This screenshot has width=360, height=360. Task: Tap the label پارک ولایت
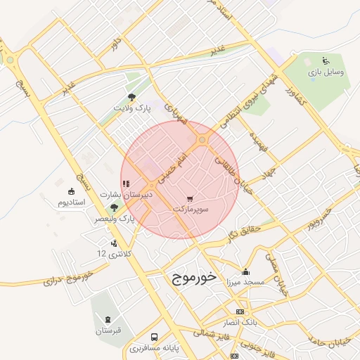tap(133, 108)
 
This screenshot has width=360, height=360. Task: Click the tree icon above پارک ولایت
tap(132, 97)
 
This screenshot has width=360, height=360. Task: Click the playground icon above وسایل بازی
tap(325, 60)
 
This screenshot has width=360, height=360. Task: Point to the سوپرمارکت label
tap(191, 210)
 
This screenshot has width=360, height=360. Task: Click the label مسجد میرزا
tap(245, 283)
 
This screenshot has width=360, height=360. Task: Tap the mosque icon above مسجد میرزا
tap(245, 272)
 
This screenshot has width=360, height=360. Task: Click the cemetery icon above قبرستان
tap(107, 320)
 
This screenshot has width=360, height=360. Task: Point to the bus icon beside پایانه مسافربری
tap(154, 337)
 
